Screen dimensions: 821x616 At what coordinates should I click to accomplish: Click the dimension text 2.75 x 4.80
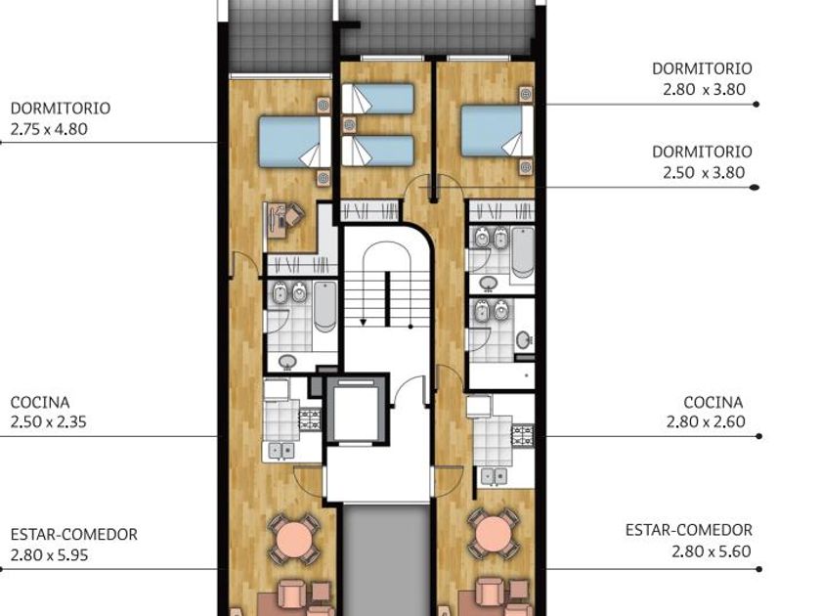point(49,129)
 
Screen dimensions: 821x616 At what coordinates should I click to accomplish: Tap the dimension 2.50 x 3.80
point(704,172)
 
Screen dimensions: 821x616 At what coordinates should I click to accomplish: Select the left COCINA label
point(40,402)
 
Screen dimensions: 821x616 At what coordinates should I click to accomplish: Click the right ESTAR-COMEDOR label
point(688,530)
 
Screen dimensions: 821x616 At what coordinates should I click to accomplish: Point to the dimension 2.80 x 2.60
point(706,421)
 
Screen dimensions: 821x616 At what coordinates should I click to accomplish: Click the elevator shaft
point(356,410)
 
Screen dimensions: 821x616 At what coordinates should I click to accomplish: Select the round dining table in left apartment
point(295,538)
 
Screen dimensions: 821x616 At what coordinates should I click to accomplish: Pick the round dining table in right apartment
point(494,534)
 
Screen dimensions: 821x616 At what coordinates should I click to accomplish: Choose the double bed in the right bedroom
point(497,130)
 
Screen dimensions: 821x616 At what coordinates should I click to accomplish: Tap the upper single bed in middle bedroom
point(377,99)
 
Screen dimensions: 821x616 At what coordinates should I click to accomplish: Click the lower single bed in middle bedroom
point(377,151)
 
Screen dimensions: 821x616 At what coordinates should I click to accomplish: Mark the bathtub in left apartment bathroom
point(325,306)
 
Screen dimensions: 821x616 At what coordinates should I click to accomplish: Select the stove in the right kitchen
point(523,436)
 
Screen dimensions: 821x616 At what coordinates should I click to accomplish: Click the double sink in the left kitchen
point(281,451)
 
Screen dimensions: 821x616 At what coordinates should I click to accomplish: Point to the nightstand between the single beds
point(349,125)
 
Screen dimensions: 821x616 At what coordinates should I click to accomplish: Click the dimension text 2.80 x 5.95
point(49,554)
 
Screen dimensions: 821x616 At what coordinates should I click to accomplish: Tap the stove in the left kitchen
point(310,420)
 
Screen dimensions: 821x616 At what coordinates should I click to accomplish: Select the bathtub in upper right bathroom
point(523,252)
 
